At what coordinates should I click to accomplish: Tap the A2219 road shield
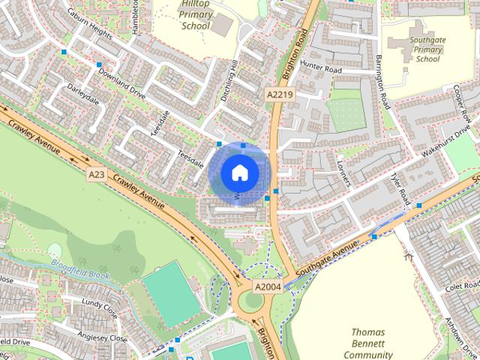[x=279, y=94]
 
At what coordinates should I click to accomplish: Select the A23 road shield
[x=96, y=174]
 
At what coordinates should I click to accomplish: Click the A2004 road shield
[x=267, y=286]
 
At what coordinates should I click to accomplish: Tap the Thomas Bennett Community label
[x=368, y=343]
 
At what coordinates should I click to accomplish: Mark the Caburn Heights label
[x=89, y=25]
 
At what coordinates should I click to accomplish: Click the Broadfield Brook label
[x=80, y=268]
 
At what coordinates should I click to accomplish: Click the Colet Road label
[x=455, y=285]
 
